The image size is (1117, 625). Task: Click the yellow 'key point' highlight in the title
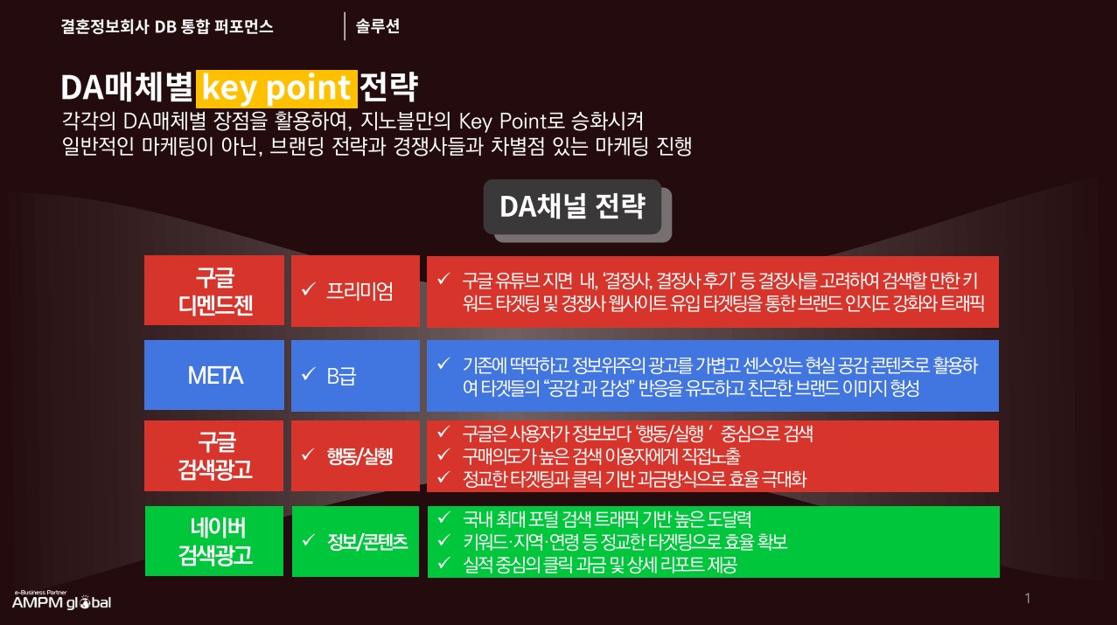click(x=276, y=89)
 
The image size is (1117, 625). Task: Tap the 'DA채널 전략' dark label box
click(x=572, y=206)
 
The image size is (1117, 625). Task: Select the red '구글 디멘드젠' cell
click(x=214, y=290)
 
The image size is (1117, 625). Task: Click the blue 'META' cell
click(x=214, y=375)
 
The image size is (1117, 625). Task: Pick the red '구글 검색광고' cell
click(x=214, y=455)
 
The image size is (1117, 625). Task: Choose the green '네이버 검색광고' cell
click(x=214, y=541)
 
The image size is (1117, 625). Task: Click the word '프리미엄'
click(x=360, y=291)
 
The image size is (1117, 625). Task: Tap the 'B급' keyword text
click(x=341, y=376)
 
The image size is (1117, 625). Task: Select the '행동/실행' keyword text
click(x=360, y=455)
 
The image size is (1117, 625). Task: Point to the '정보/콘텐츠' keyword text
click(x=367, y=542)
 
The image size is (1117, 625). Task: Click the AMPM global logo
click(x=61, y=600)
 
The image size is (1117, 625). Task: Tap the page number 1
click(x=1027, y=598)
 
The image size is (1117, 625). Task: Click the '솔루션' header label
click(x=378, y=26)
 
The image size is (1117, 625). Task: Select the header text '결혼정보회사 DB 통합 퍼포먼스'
click(x=167, y=26)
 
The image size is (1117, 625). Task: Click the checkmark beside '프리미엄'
click(x=309, y=289)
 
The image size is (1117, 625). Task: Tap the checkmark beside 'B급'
click(x=309, y=373)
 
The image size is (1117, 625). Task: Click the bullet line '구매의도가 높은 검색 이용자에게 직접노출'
click(x=602, y=455)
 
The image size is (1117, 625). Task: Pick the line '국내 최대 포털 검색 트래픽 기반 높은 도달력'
click(x=607, y=519)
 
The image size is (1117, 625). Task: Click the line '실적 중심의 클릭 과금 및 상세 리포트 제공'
click(x=600, y=564)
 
